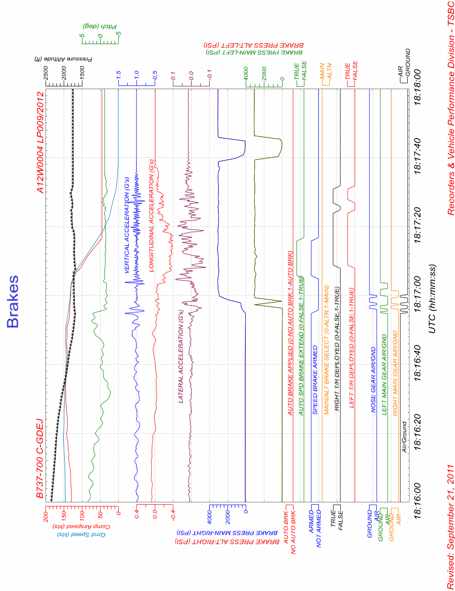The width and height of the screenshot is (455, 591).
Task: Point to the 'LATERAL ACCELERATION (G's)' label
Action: (x=181, y=356)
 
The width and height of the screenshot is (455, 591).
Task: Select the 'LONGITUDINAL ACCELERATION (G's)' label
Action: (x=152, y=215)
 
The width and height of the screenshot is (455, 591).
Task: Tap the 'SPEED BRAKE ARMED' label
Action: (x=315, y=380)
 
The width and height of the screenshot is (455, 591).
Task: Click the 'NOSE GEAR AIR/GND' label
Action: (x=374, y=380)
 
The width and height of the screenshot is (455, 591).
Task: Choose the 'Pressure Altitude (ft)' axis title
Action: (x=63, y=59)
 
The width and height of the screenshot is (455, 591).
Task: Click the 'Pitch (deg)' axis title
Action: (x=100, y=26)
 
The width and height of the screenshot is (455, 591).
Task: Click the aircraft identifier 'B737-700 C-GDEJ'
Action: (x=40, y=458)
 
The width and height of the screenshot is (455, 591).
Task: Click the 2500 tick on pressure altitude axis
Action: (x=46, y=73)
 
